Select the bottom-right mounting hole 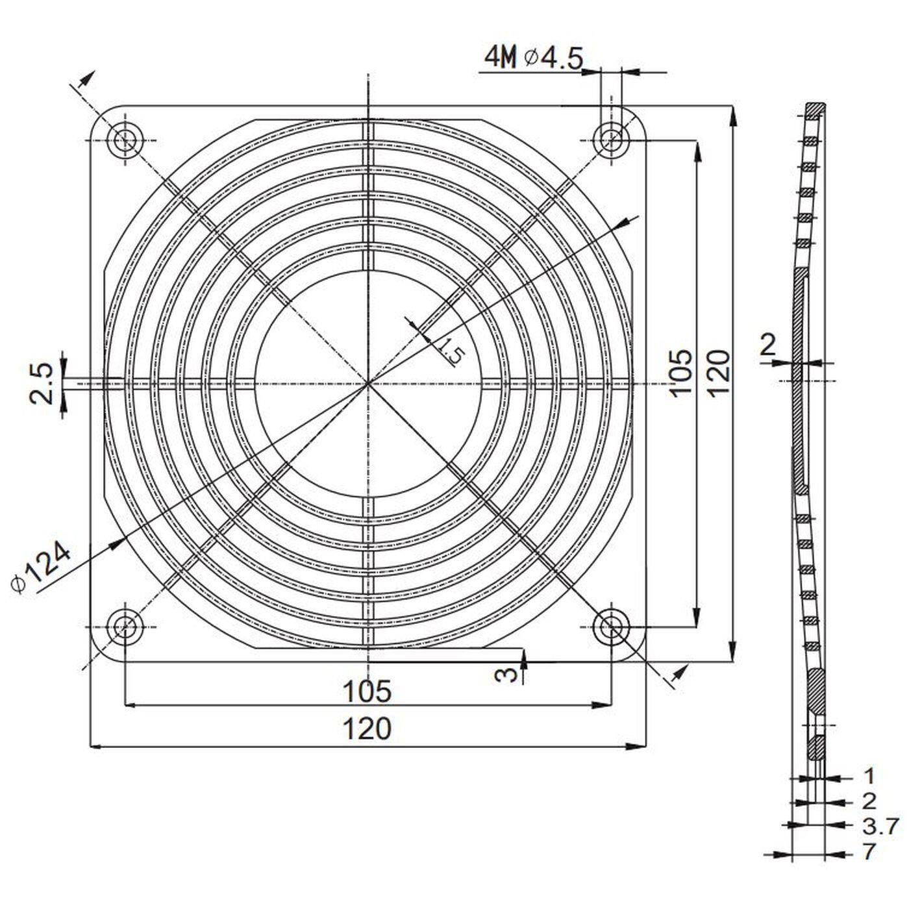(x=611, y=627)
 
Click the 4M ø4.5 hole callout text (x=534, y=58)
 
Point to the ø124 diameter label (x=42, y=567)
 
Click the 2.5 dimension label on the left (x=42, y=383)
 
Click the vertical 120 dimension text (x=717, y=373)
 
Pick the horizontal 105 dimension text (x=367, y=691)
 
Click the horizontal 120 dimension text (x=367, y=728)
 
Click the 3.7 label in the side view (x=880, y=826)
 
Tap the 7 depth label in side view (x=869, y=851)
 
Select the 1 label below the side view (x=869, y=776)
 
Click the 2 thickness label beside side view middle (x=768, y=345)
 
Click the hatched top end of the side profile (x=816, y=108)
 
